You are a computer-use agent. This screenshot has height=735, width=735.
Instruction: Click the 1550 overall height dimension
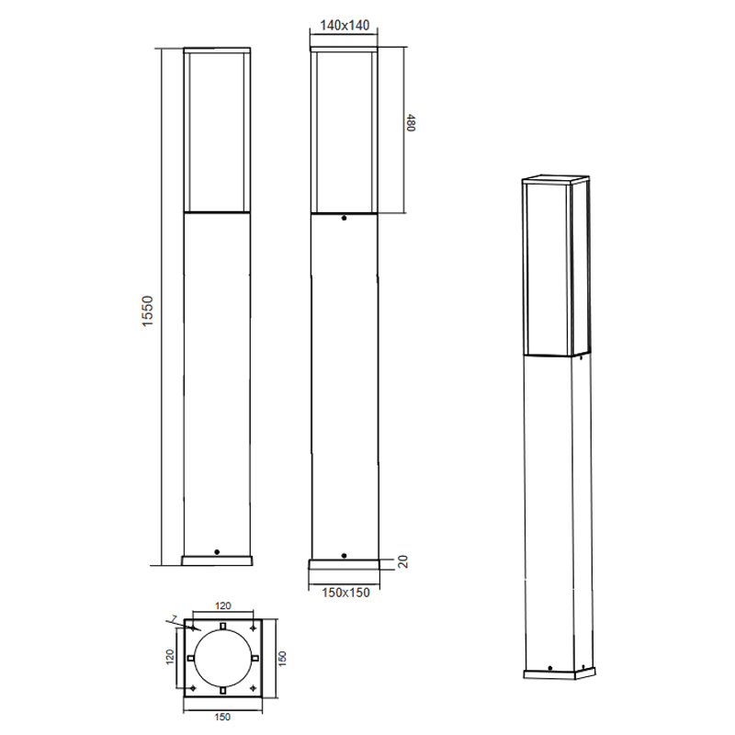coord(148,311)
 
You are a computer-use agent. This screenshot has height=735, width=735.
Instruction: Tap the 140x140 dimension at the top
coord(345,26)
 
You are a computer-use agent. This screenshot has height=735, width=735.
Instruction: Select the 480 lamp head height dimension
coord(411,123)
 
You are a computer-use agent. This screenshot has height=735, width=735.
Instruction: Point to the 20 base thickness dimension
coord(402,561)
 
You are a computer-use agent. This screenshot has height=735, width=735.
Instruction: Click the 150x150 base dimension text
coord(345,593)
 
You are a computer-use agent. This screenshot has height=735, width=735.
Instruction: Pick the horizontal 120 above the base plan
coord(223,606)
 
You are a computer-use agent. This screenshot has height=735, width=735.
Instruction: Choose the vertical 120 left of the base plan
coord(170,656)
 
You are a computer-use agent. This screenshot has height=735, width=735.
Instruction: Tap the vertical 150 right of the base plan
coord(282,658)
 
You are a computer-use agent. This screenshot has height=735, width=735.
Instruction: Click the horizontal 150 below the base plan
coord(222,717)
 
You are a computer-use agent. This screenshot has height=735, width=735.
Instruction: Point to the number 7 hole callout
coord(175,620)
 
